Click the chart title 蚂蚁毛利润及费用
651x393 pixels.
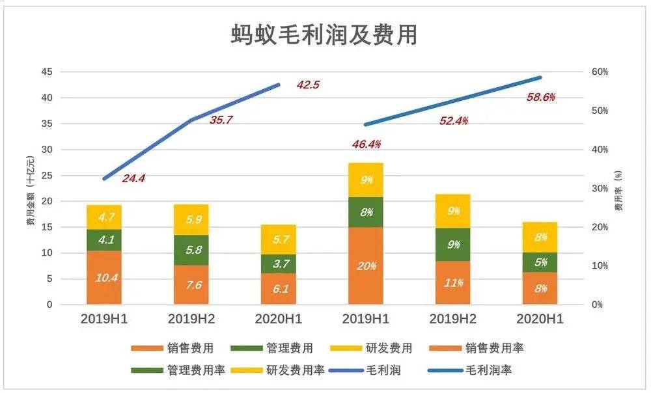pos(324,34)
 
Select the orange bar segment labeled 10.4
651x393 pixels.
pos(104,278)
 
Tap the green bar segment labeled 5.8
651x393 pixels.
pos(191,250)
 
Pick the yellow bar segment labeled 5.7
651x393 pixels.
pos(279,239)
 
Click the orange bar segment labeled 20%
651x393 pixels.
pos(366,265)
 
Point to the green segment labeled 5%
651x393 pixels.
pos(540,262)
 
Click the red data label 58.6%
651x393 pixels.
pos(541,98)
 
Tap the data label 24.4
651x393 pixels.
pos(133,178)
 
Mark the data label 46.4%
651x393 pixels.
pos(367,144)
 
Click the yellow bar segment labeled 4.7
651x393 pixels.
pos(104,217)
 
